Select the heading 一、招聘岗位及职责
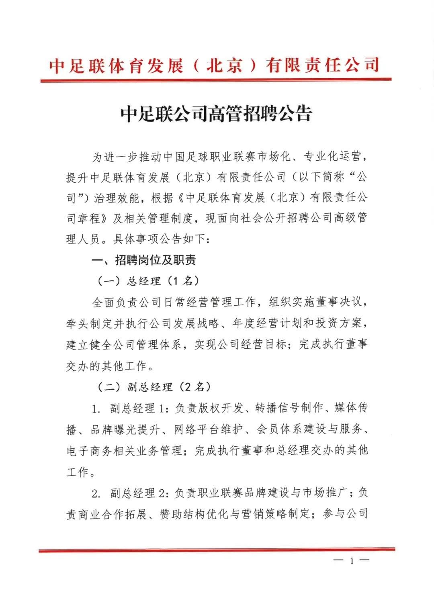tap(144, 260)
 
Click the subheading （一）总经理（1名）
tap(148, 281)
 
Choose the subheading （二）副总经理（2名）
tap(154, 387)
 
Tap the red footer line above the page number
tap(217, 550)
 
